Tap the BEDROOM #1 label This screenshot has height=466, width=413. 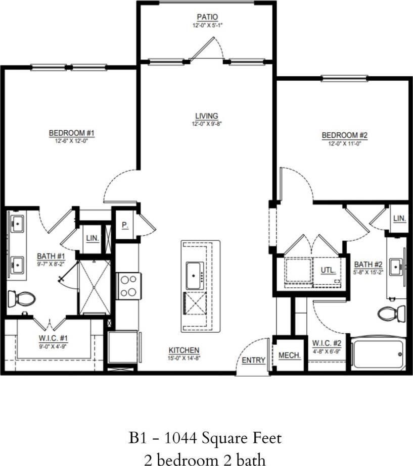pos(72,133)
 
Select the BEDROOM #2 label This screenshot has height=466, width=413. pos(344,135)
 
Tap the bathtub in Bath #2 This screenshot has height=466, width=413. pos(378,353)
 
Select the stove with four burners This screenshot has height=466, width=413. pos(128,285)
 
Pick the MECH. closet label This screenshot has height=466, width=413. pos(290,355)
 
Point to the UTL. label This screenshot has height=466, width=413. pos(328,270)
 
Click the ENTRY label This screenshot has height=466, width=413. pos(253,360)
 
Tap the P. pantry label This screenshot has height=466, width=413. pos(124,226)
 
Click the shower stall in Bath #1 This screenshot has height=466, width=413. pos(95,286)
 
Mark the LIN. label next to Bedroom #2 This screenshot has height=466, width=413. pos(399,218)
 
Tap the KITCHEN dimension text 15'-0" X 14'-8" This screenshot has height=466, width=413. pos(185,357)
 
